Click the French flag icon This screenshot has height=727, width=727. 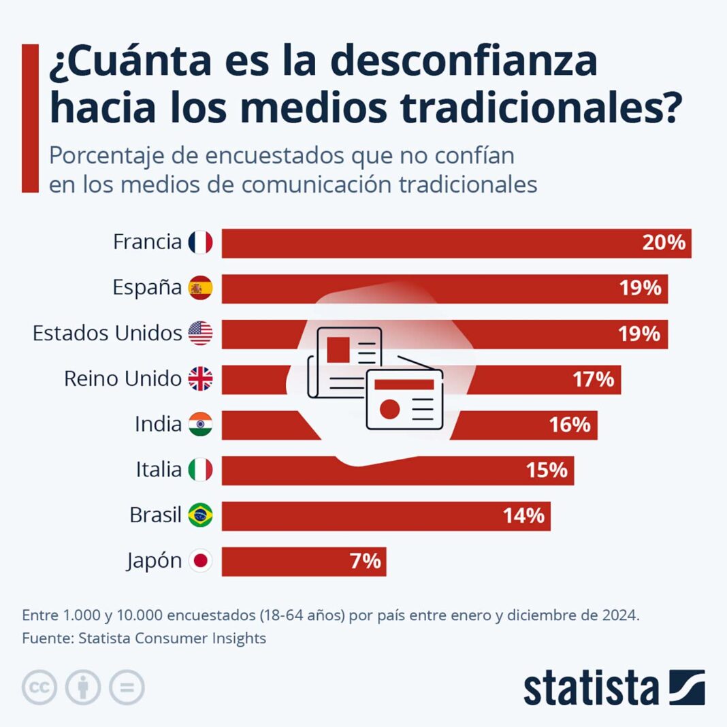tap(200, 242)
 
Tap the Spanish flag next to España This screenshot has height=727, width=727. tap(200, 288)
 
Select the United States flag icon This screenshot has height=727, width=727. tap(200, 334)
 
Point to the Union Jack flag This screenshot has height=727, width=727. tap(200, 379)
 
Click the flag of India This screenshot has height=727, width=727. tap(200, 425)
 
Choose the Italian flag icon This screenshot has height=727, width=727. tap(200, 470)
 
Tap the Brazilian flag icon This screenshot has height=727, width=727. tap(200, 515)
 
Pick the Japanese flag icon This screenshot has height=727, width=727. tap(200, 561)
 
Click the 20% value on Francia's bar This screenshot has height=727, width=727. tap(664, 243)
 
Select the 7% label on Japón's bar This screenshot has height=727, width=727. tap(365, 562)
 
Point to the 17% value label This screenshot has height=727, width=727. tap(594, 379)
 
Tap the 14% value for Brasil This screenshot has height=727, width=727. tap(524, 516)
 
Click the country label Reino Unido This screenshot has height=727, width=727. tap(123, 379)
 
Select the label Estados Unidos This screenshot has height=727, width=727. tap(108, 334)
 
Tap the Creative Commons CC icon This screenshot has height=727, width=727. tap(39, 688)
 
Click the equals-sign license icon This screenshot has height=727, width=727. tap(127, 688)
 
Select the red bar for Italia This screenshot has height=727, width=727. tap(398, 470)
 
